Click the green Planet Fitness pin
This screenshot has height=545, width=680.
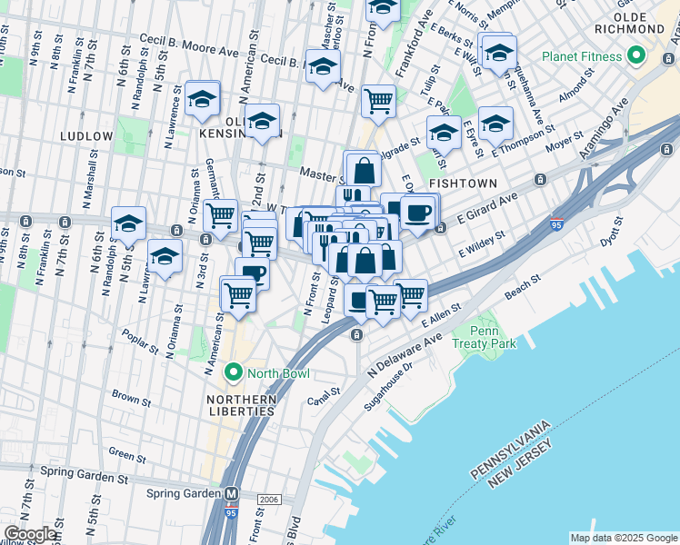(x=635, y=56)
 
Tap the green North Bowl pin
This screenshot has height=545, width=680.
(x=233, y=373)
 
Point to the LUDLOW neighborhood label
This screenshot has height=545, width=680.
(x=86, y=135)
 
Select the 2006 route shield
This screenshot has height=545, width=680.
(x=269, y=499)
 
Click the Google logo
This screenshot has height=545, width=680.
(x=29, y=534)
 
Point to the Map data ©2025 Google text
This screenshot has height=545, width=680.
(x=624, y=538)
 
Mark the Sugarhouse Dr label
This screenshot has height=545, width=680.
(x=388, y=387)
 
